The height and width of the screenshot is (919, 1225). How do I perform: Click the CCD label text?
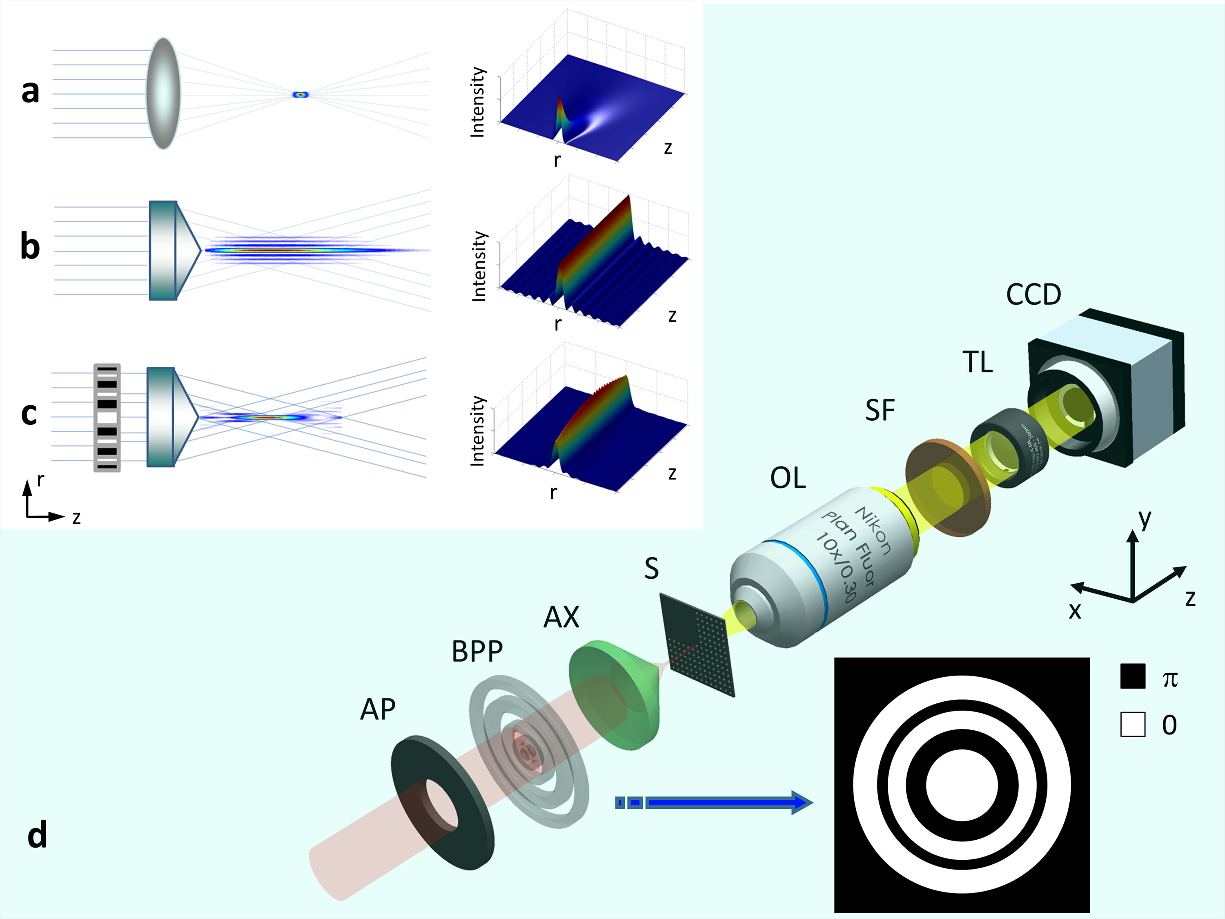pyautogui.click(x=1033, y=295)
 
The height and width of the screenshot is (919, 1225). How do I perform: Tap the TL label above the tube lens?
pyautogui.click(x=978, y=363)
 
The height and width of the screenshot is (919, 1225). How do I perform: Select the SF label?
pyautogui.click(x=880, y=411)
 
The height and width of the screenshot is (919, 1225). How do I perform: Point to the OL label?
pyautogui.click(x=788, y=478)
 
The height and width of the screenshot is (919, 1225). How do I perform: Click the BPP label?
pyautogui.click(x=477, y=652)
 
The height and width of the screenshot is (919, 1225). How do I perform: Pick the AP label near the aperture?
pyautogui.click(x=378, y=709)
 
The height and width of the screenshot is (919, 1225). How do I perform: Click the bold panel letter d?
pyautogui.click(x=37, y=835)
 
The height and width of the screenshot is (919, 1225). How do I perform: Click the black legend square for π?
pyautogui.click(x=1133, y=676)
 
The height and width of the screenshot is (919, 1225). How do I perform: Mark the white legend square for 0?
pyautogui.click(x=1133, y=725)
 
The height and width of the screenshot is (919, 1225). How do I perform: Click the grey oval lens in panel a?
pyautogui.click(x=163, y=94)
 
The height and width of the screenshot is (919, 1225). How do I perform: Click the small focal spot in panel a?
pyautogui.click(x=300, y=95)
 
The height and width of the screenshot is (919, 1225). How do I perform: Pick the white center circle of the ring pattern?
pyautogui.click(x=962, y=785)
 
